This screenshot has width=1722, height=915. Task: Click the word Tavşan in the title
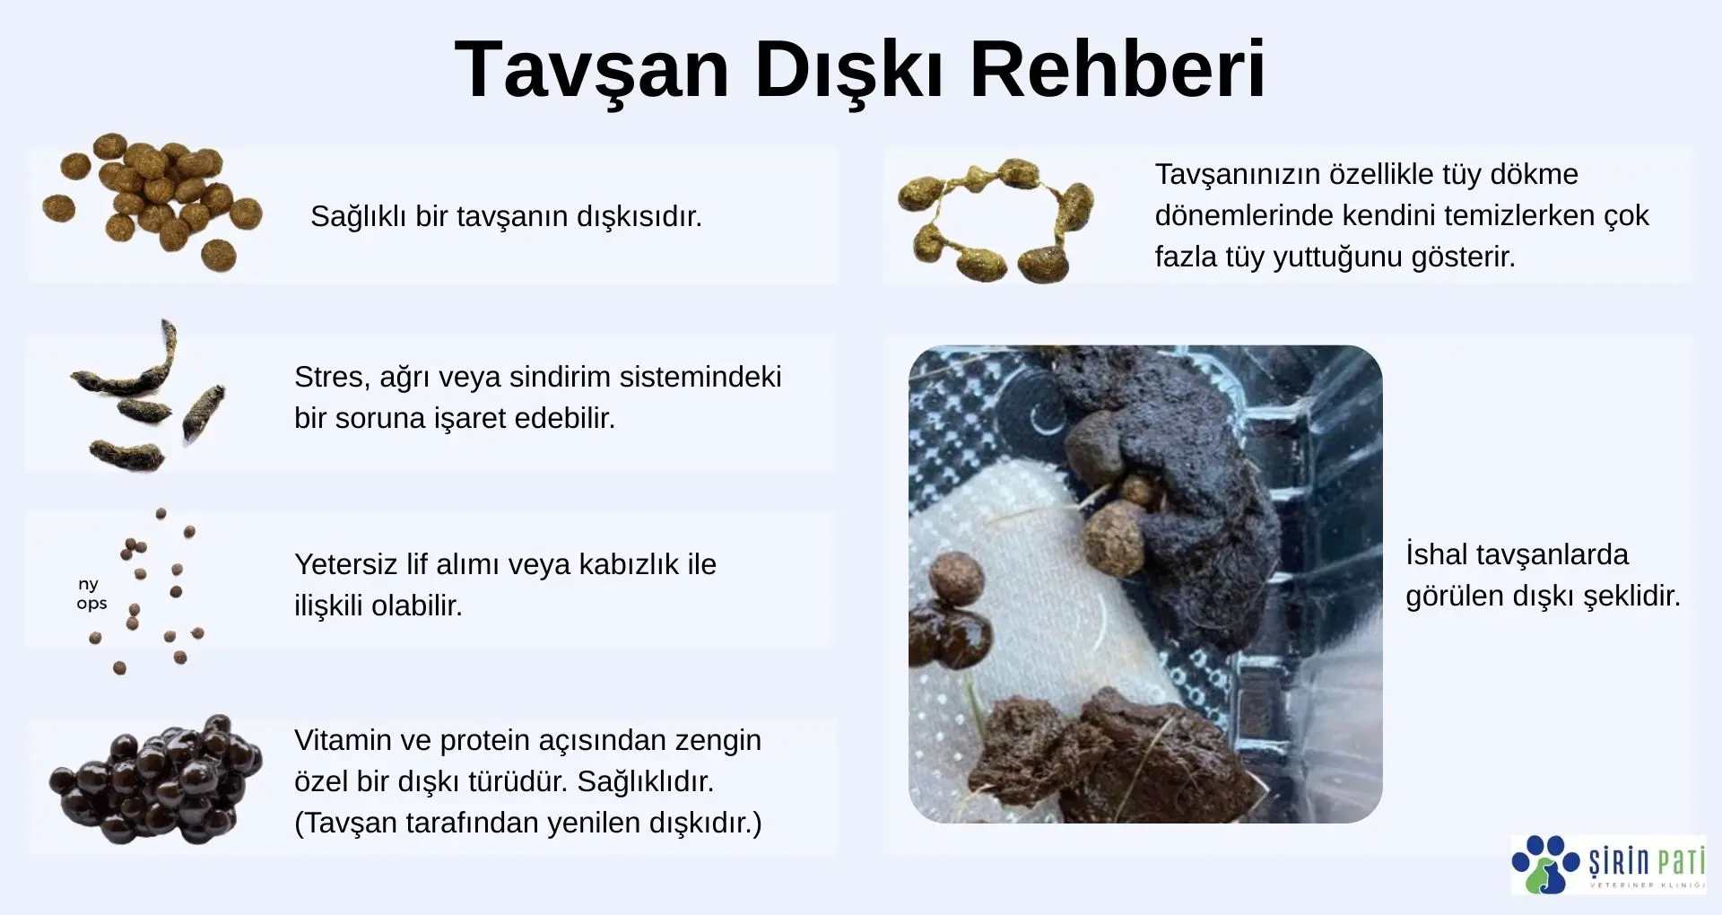592,72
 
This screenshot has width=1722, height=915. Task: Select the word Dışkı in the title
849,72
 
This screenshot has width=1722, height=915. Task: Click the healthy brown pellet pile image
152,203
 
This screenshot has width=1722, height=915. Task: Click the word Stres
331,378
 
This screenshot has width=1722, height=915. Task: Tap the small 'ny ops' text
91,594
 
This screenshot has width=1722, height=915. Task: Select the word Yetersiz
346,564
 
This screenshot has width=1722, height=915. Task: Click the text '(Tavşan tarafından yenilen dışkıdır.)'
528,823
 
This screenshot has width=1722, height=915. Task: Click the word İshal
1437,554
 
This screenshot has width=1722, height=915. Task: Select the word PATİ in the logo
1680,862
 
